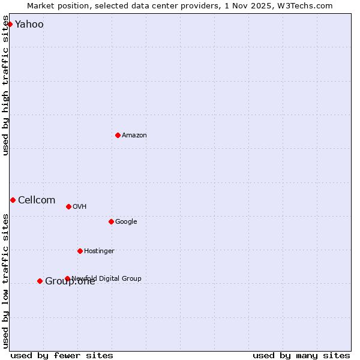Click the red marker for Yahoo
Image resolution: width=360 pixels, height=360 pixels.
(x=10, y=25)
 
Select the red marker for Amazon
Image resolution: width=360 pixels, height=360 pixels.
(x=118, y=135)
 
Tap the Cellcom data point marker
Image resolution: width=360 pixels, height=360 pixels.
(x=13, y=200)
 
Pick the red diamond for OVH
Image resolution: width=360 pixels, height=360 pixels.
(x=68, y=206)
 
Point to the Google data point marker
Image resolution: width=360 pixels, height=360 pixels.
(x=111, y=221)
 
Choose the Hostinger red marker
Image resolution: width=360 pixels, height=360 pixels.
(x=80, y=251)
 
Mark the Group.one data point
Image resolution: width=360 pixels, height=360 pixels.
(x=40, y=281)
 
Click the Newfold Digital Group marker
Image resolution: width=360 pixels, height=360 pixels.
(x=67, y=278)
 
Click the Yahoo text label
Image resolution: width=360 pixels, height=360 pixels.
(x=29, y=25)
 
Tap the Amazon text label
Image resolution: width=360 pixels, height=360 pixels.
(x=134, y=136)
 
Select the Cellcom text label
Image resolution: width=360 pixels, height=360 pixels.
(x=37, y=200)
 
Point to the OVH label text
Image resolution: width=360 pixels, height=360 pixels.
(x=80, y=207)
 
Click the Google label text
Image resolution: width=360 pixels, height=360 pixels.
(x=126, y=222)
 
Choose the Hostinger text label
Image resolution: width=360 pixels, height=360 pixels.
(x=99, y=251)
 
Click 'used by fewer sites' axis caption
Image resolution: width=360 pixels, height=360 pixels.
(x=62, y=355)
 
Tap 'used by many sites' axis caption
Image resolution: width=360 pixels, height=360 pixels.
(x=301, y=355)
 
